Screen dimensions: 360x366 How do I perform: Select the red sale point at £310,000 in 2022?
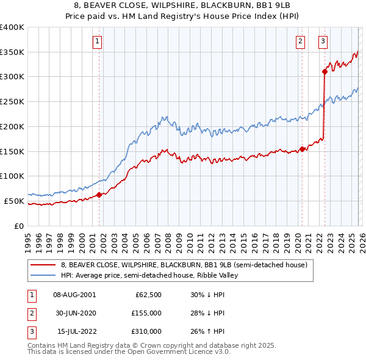pyautogui.click(x=325, y=72)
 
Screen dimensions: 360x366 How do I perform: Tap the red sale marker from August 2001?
pyautogui.click(x=99, y=195)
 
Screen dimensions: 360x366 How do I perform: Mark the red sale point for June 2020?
pyautogui.click(x=303, y=149)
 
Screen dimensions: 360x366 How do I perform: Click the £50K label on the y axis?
pyautogui.click(x=13, y=201)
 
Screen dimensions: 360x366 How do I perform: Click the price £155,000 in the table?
pyautogui.click(x=145, y=313)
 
